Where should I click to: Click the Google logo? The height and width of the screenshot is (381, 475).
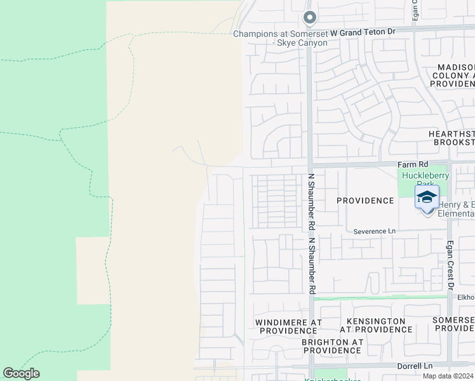(x=21, y=373)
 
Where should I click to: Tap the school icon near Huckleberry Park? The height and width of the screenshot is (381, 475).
(x=427, y=197)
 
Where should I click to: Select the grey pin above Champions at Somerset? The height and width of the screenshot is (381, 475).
(x=309, y=18)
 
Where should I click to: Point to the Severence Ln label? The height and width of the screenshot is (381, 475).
(x=374, y=232)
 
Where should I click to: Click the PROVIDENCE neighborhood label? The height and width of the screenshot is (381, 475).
(x=365, y=201)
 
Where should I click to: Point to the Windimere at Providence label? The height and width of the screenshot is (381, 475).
(x=288, y=326)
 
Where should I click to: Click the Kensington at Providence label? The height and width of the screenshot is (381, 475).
(x=375, y=325)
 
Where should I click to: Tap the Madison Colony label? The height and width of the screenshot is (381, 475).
(x=455, y=76)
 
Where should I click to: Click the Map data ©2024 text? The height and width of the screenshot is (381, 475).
(x=448, y=376)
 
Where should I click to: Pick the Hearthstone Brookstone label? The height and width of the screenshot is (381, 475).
(x=452, y=138)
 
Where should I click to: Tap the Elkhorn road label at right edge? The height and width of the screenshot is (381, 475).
(x=465, y=297)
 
